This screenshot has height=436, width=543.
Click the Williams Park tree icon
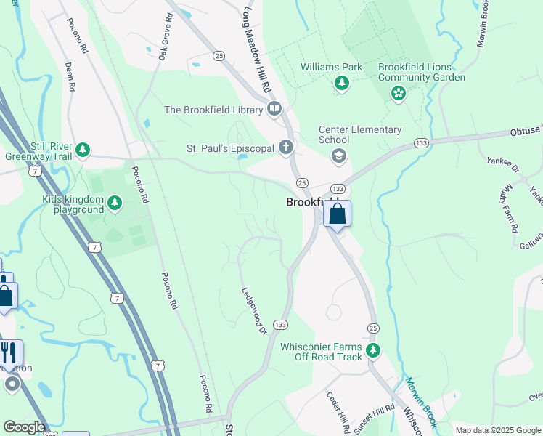coord(341,84)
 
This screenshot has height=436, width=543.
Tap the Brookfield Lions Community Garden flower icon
coord(398,92)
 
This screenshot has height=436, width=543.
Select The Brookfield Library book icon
coord(274,110)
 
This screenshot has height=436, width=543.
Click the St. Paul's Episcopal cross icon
coord(286,148)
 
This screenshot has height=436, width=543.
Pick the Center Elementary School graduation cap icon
coord(338,156)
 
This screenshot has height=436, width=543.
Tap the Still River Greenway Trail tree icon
coord(83,150)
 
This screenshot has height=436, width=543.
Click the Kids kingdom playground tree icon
coord(115,203)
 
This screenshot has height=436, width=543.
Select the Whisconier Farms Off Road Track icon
coord(373,352)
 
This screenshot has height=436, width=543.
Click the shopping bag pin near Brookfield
coord(337,214)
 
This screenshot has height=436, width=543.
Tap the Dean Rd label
coord(70,75)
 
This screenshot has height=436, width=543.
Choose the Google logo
coord(24,427)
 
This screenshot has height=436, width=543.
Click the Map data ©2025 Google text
coord(498,430)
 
